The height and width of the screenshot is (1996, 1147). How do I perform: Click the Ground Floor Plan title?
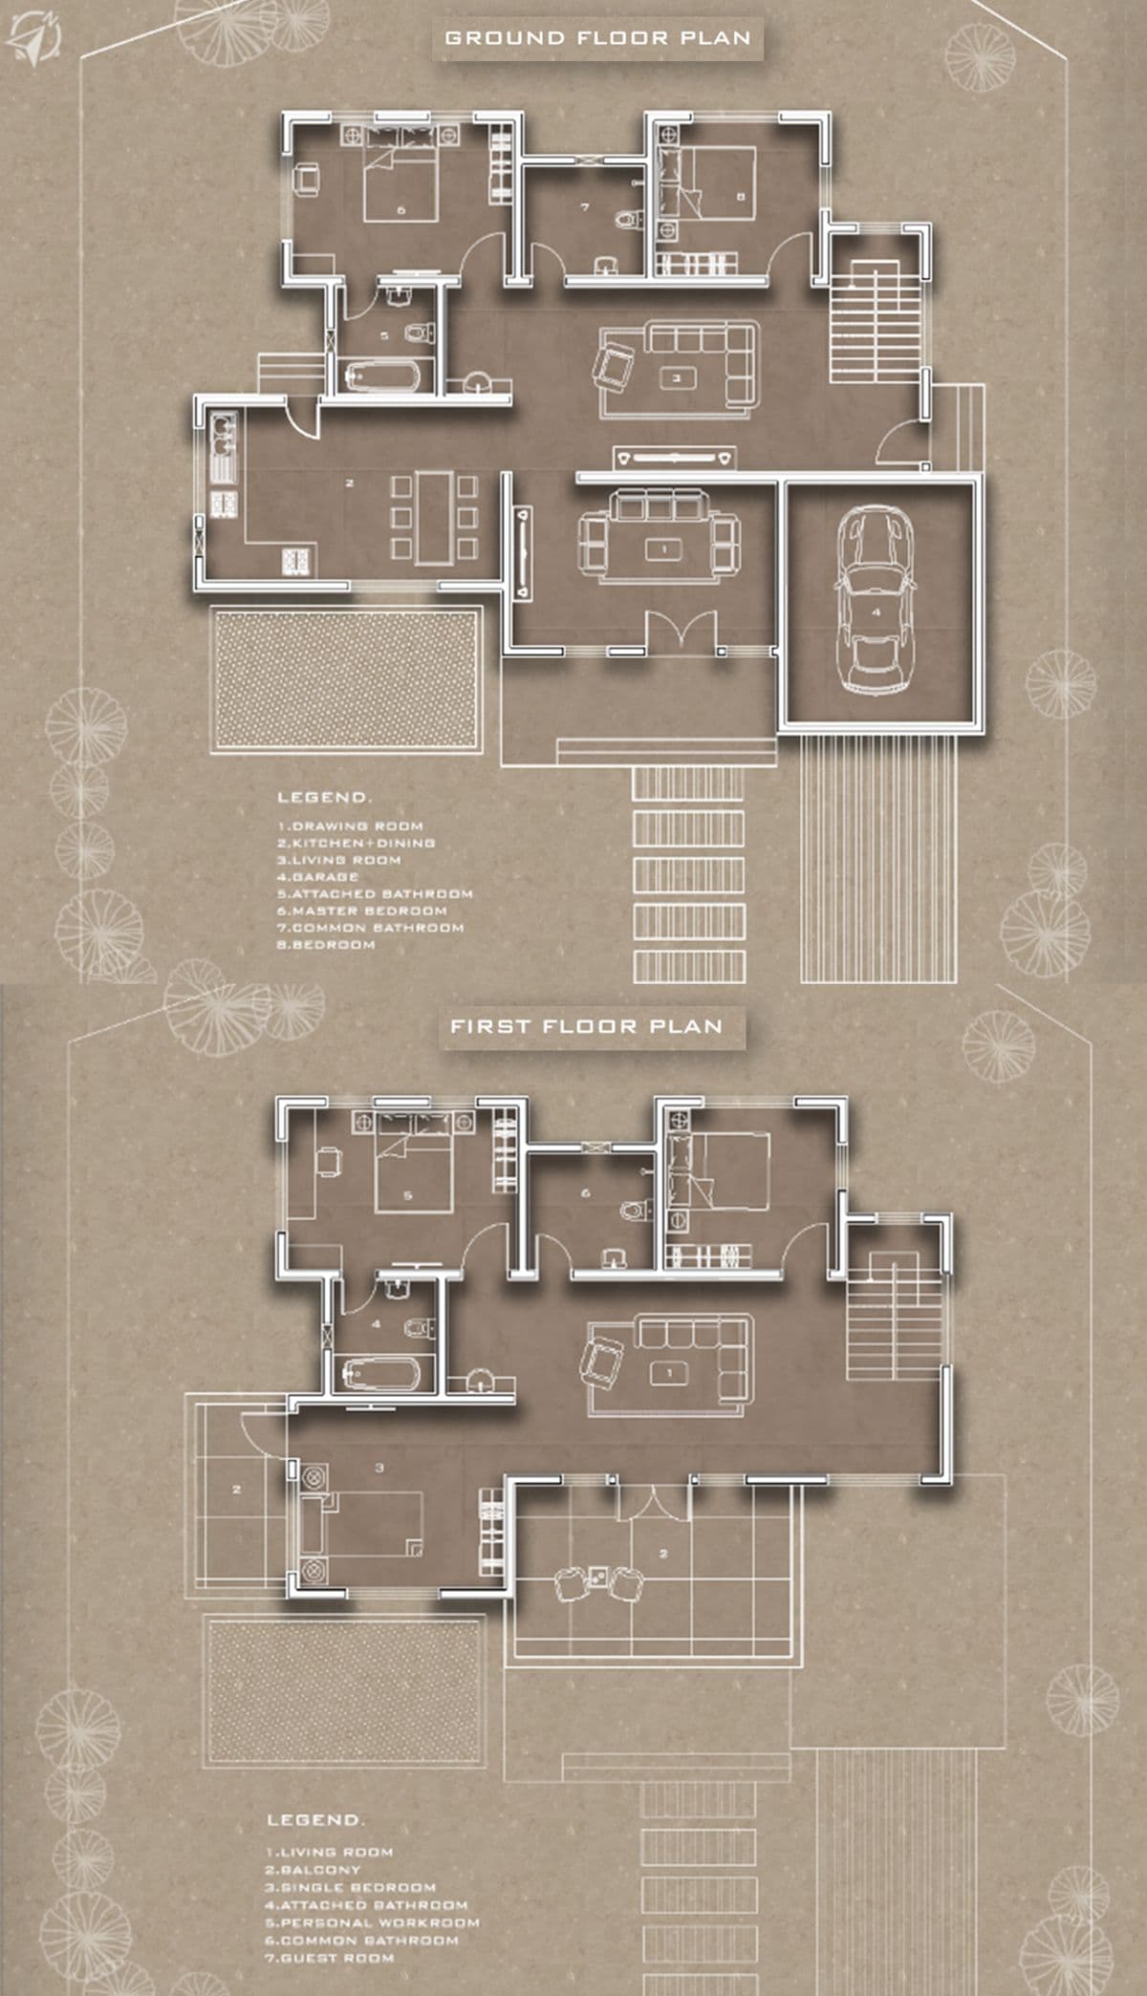click(597, 39)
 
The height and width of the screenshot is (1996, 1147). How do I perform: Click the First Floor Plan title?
click(586, 1027)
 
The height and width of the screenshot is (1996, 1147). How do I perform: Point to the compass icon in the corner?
click(33, 36)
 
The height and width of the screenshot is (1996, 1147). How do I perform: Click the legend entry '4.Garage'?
click(318, 877)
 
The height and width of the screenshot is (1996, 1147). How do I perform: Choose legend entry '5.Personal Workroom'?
click(372, 1922)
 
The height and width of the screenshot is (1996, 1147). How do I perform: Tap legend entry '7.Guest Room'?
click(330, 1958)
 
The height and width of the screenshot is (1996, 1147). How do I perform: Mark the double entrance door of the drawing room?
click(680, 633)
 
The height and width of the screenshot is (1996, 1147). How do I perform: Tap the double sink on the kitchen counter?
click(224, 435)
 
